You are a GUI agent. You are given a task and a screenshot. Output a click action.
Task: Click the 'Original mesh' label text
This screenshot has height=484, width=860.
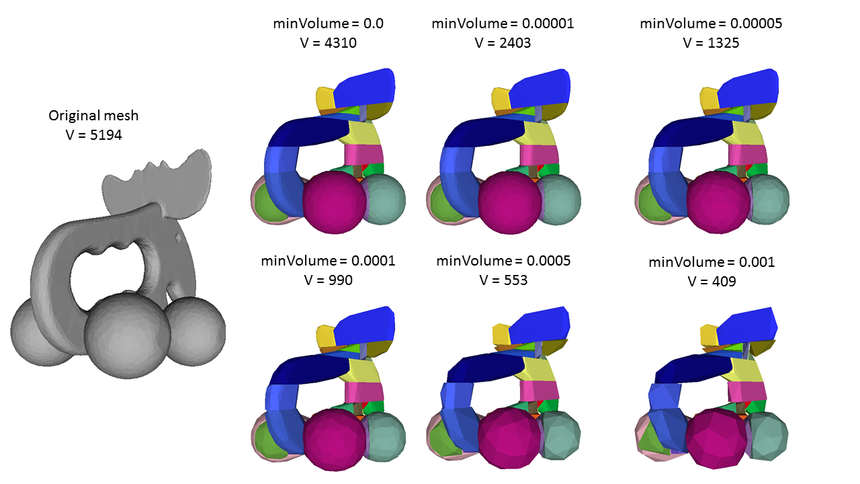tap(93, 116)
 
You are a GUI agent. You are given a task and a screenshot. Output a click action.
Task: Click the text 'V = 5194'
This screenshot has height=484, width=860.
tap(93, 135)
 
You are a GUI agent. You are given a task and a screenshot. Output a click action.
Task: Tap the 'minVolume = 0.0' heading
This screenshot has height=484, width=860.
tap(329, 24)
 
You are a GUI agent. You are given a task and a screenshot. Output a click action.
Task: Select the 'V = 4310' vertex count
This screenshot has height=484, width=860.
tap(329, 42)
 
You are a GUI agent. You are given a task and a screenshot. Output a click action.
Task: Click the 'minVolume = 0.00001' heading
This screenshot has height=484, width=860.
tap(503, 24)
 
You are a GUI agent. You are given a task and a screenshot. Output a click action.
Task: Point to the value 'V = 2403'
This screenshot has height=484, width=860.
tap(503, 42)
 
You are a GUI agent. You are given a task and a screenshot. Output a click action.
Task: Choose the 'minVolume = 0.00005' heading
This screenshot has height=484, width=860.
tap(711, 24)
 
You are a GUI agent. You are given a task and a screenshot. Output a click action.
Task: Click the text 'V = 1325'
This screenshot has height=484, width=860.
tap(711, 42)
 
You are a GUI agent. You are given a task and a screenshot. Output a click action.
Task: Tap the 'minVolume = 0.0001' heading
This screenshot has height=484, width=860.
tap(329, 261)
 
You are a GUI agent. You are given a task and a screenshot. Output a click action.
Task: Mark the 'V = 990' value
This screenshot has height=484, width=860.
tap(329, 280)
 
